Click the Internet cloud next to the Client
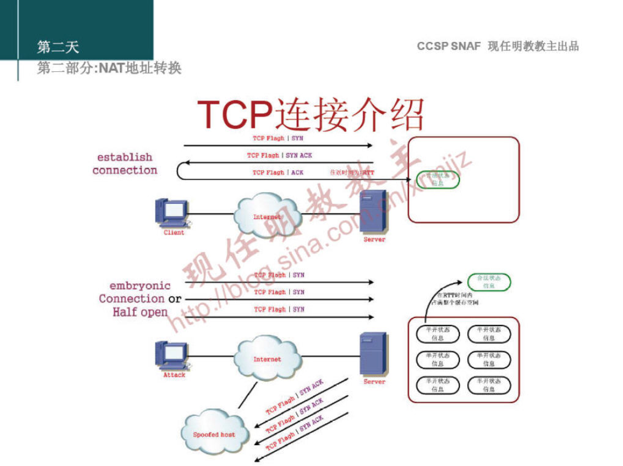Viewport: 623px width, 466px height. pyautogui.click(x=267, y=215)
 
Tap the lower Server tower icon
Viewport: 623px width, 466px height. pyautogui.click(x=373, y=354)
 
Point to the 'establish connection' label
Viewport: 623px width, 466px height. pyautogui.click(x=125, y=164)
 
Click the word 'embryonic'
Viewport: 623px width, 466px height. pyautogui.click(x=140, y=286)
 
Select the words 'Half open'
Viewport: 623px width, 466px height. pyautogui.click(x=140, y=312)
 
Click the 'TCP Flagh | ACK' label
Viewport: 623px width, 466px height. pyautogui.click(x=278, y=172)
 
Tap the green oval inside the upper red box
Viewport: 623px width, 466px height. pyautogui.click(x=437, y=180)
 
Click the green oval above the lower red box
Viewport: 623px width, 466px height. pyautogui.click(x=488, y=282)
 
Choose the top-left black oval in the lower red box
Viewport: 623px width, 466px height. pyautogui.click(x=437, y=334)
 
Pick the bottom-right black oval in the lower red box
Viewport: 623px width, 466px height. pyautogui.click(x=488, y=385)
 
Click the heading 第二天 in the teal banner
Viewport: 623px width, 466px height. pyautogui.click(x=58, y=47)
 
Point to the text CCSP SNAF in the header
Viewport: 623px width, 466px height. pyautogui.click(x=448, y=46)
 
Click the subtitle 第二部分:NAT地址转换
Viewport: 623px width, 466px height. pyautogui.click(x=109, y=68)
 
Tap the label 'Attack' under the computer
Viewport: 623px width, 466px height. pyautogui.click(x=174, y=375)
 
